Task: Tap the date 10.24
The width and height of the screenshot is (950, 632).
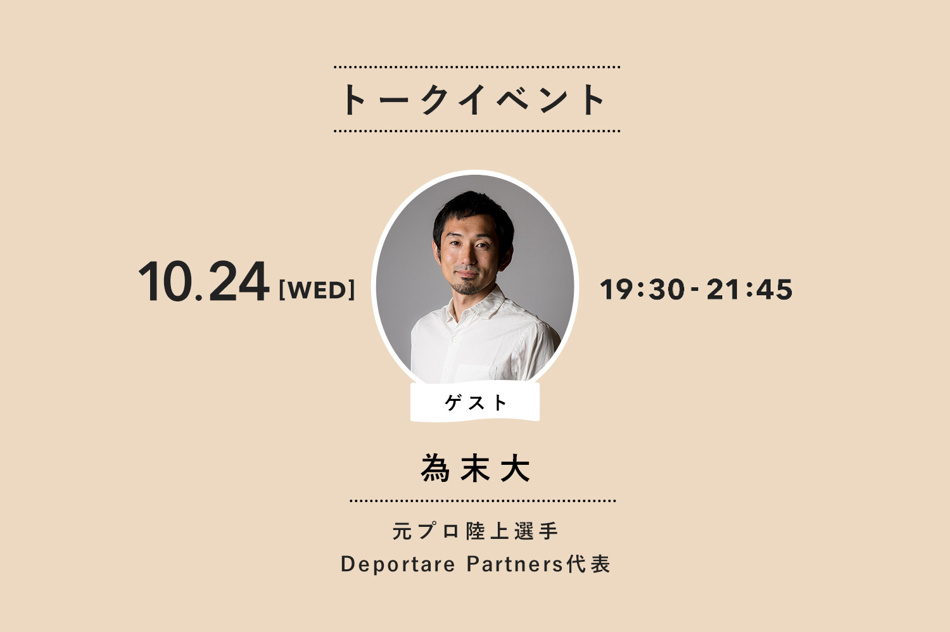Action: click(x=204, y=282)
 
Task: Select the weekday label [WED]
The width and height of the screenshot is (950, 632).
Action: click(x=317, y=289)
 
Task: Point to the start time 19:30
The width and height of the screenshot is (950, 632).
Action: click(x=642, y=289)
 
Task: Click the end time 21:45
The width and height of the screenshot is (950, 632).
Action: click(x=749, y=289)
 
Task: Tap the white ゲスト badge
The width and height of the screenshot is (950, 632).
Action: click(x=475, y=402)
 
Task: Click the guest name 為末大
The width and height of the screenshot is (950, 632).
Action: click(x=476, y=468)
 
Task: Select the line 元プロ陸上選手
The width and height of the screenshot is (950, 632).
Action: click(x=476, y=531)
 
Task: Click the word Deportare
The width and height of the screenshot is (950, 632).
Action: click(x=398, y=565)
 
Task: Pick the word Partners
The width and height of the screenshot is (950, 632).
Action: click(x=515, y=564)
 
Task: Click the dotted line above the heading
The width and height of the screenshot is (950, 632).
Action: click(x=477, y=67)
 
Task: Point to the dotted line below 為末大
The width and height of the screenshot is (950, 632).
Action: click(x=483, y=501)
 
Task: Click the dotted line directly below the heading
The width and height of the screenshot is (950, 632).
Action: click(x=477, y=131)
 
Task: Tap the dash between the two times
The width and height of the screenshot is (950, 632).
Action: click(x=695, y=291)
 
